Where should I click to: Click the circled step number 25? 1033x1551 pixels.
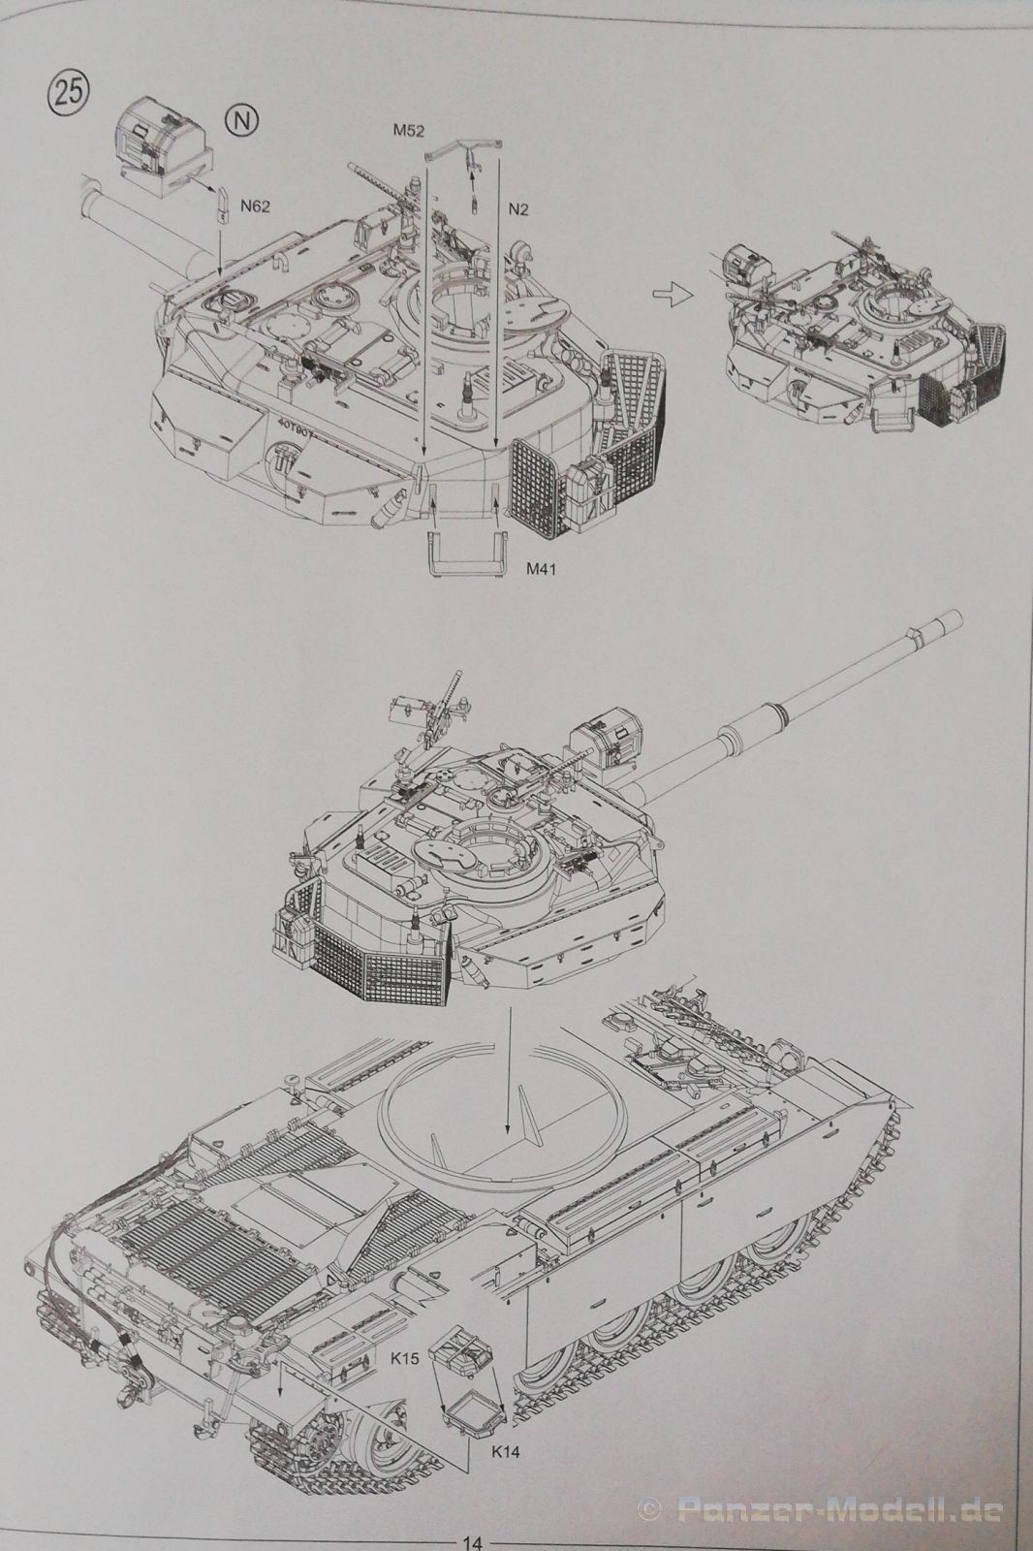coord(67,94)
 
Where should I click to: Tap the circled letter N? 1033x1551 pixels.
coord(241,122)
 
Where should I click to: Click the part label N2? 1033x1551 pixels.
coord(517,209)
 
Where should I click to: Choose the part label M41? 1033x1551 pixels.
coord(542,570)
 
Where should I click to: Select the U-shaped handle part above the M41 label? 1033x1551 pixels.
coord(467,553)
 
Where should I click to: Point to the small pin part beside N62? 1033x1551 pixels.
coord(224,205)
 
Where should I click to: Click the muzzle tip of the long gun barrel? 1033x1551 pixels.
coord(959,617)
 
